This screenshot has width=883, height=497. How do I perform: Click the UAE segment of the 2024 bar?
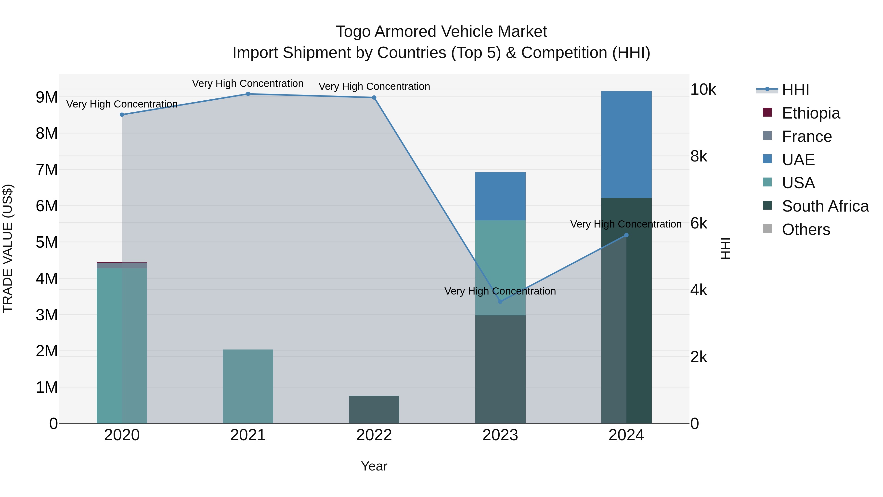coord(626,144)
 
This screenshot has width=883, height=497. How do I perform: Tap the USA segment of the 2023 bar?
coord(500,268)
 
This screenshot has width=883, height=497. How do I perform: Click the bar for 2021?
coord(248,386)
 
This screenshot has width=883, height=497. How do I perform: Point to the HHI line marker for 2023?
coord(500,301)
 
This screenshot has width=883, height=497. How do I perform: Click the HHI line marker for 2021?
coord(248,94)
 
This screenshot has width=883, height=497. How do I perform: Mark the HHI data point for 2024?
coord(626,235)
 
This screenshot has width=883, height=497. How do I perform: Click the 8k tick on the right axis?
coord(699,156)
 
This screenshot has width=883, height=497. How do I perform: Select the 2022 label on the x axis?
coord(374,435)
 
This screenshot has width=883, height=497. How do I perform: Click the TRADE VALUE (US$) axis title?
coord(8,248)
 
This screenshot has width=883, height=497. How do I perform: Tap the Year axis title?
coord(374,466)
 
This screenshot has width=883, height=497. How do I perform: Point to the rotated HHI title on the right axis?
coord(725,248)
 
